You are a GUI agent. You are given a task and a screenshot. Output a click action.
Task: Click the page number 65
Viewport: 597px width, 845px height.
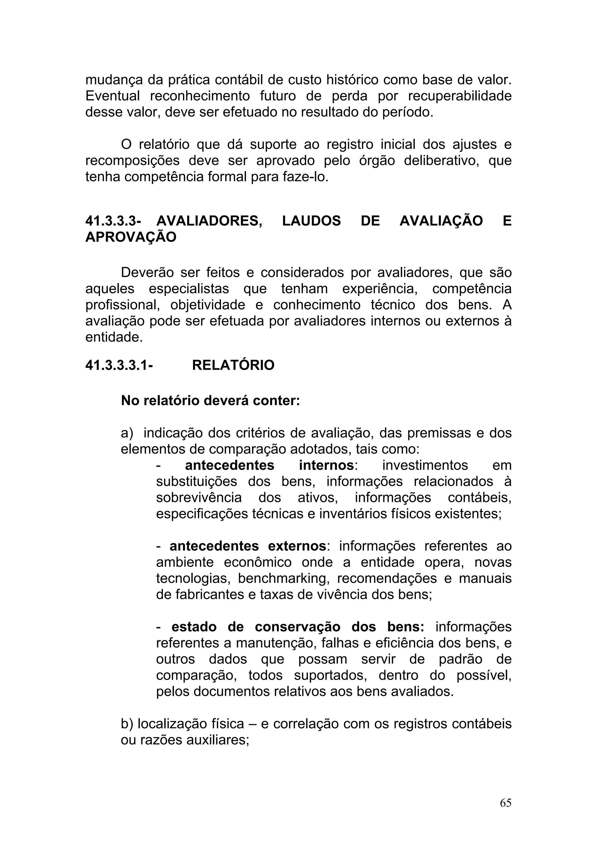(x=505, y=803)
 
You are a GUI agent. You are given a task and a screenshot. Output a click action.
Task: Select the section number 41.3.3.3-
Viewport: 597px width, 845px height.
(x=113, y=221)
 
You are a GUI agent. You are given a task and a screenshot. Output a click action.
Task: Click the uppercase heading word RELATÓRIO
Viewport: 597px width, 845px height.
(x=233, y=365)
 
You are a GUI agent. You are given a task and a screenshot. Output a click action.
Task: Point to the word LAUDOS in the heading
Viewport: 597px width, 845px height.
(x=311, y=221)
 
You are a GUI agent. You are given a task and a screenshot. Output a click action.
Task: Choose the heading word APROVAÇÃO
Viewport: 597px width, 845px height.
(x=131, y=237)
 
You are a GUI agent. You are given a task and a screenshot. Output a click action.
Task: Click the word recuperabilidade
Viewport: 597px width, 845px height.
(x=460, y=96)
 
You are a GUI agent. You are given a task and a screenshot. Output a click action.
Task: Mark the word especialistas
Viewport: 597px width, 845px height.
(x=189, y=289)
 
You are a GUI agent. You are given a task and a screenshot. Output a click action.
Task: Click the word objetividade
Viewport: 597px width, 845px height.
(x=208, y=305)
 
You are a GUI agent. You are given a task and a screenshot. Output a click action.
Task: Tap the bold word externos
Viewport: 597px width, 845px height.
(x=297, y=546)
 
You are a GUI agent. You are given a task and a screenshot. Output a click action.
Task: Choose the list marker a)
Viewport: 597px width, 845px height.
(x=127, y=433)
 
